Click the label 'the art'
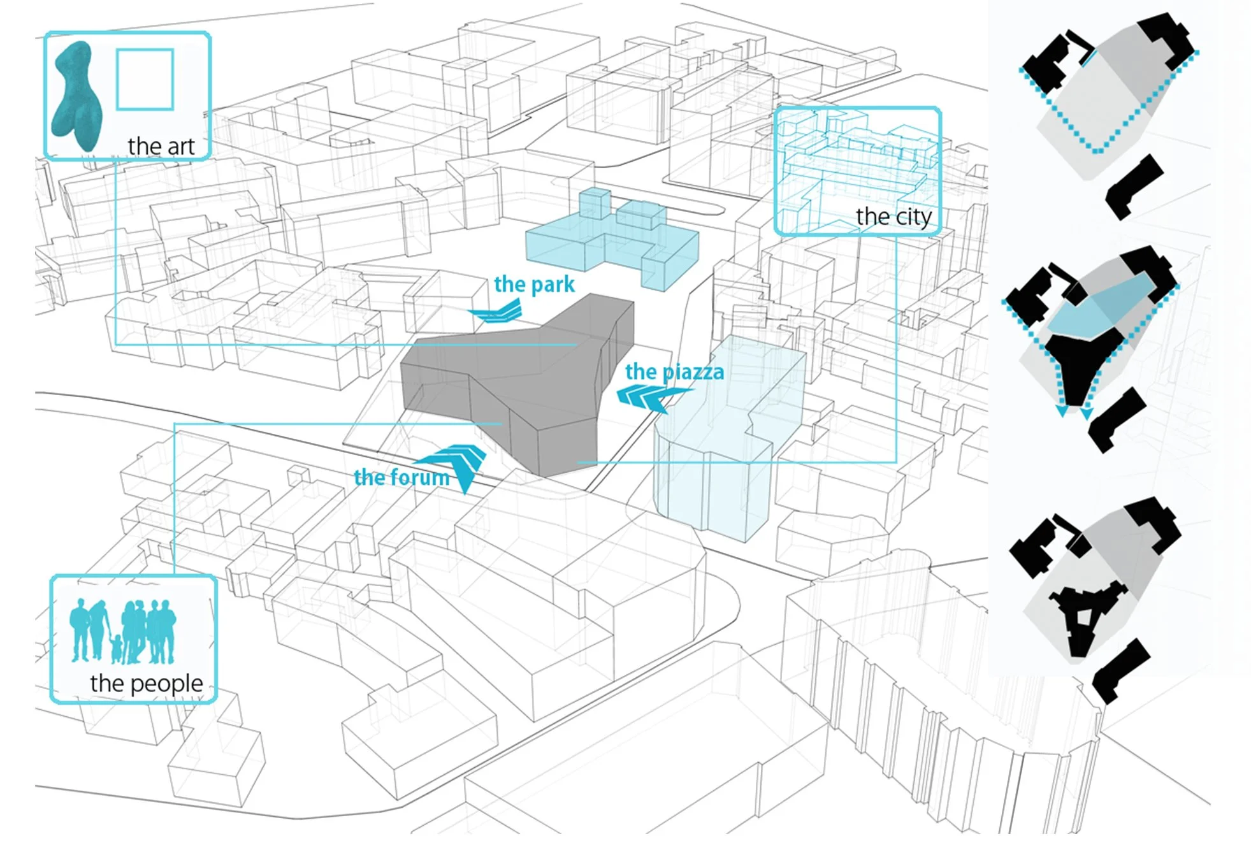coord(161,146)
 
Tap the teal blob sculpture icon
coord(77,96)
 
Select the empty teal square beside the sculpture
coord(145,80)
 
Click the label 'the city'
coord(893,217)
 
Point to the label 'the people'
coord(146,683)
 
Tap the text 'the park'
coord(534,284)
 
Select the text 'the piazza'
coord(674,371)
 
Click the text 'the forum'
coord(401,477)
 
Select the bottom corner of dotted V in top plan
coord(1097,152)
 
